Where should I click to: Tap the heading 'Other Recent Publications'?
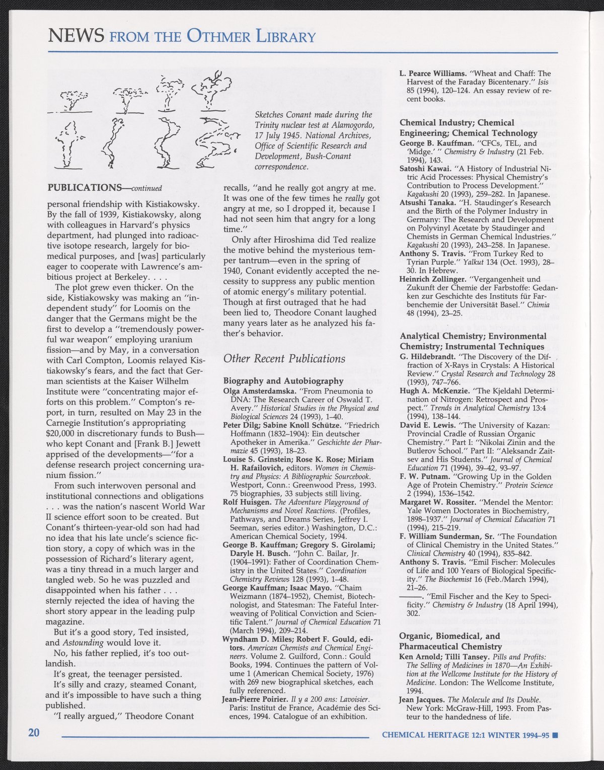[x=284, y=358]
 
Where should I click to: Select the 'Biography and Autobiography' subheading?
[x=283, y=381]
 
